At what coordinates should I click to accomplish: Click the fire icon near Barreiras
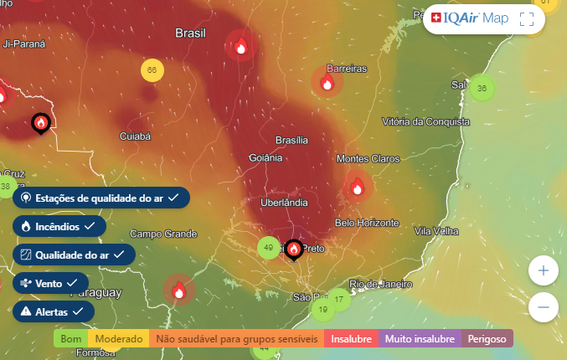pos(327,82)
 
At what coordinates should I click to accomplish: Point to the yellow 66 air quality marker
pos(152,70)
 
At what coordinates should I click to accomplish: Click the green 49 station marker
pos(269,248)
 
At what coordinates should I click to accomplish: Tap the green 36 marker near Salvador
pos(481,88)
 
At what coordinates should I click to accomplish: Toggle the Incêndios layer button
pos(59,226)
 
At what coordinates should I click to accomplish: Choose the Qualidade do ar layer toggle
pos(74,255)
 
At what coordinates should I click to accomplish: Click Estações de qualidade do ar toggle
pos(101,198)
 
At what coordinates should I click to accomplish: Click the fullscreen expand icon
pos(527,19)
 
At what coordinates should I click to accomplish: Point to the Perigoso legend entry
pos(487,339)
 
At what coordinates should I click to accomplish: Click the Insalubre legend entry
pos(350,339)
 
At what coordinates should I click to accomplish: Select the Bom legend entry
pos(72,339)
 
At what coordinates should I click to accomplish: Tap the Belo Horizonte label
pos(366,223)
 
